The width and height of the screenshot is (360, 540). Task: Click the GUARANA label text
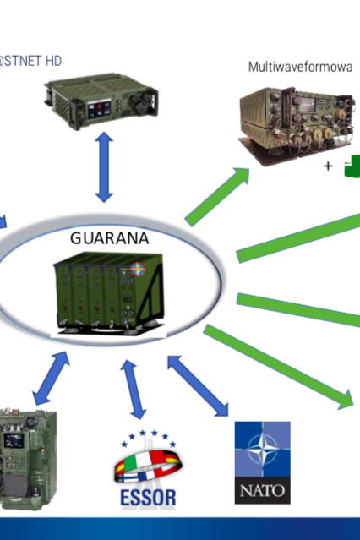point(110,238)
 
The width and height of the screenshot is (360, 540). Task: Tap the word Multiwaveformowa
point(300,67)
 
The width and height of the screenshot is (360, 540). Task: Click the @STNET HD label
point(30,61)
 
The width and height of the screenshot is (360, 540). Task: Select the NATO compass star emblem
point(263,449)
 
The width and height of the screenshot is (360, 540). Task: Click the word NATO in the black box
point(263,490)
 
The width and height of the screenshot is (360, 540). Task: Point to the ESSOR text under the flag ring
point(148,498)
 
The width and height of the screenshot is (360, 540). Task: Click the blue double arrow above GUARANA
point(104,166)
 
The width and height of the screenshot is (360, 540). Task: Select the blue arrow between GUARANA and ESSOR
point(134,390)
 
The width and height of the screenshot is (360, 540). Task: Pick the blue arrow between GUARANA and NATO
point(198,385)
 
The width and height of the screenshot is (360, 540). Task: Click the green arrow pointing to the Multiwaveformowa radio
point(217,197)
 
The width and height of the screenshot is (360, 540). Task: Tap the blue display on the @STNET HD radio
point(100,109)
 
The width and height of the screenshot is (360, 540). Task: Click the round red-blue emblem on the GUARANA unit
point(138,270)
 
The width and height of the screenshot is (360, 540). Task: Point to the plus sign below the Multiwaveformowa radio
point(328,166)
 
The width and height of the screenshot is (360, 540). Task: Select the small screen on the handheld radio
point(14,440)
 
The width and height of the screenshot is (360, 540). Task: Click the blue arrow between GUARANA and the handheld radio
point(51,378)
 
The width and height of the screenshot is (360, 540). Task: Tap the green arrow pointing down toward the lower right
point(278,367)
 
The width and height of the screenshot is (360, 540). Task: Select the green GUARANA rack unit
point(108,292)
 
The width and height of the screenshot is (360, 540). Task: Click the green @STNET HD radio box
point(101,101)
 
